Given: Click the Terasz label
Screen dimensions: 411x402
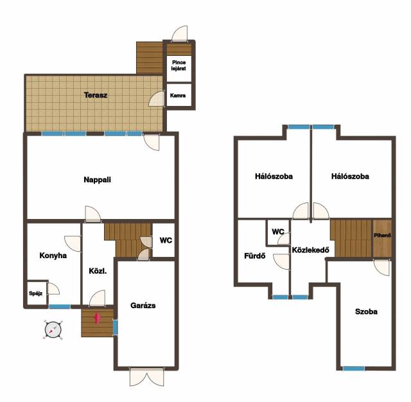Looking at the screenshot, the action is click(96, 95).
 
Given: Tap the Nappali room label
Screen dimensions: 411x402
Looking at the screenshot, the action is click(97, 180).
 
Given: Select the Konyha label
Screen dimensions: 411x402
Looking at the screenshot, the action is click(53, 256).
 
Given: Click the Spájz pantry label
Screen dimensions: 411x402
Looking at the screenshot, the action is click(36, 293).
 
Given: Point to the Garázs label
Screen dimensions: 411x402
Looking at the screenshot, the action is click(143, 305).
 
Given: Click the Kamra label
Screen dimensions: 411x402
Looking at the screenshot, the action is click(178, 96).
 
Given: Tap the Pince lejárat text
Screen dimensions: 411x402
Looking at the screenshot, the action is click(179, 66).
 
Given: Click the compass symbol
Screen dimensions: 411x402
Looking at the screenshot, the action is click(53, 329).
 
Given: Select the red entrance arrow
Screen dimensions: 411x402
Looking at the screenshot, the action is click(97, 318).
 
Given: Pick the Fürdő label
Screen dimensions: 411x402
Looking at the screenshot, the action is click(255, 256).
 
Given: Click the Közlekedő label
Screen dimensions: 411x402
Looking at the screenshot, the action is click(311, 250).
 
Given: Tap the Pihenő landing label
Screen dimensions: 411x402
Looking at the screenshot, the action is click(382, 235).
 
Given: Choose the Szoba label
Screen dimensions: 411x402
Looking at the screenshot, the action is click(366, 311).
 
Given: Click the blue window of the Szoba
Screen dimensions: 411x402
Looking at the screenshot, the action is click(354, 369).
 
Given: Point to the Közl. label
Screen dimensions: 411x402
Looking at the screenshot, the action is click(98, 271).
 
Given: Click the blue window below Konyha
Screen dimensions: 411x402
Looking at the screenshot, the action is click(60, 306).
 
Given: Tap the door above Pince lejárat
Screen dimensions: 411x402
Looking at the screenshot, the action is click(180, 34).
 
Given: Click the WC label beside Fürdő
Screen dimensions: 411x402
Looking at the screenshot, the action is click(278, 232).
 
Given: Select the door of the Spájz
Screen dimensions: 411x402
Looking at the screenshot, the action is click(53, 289).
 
